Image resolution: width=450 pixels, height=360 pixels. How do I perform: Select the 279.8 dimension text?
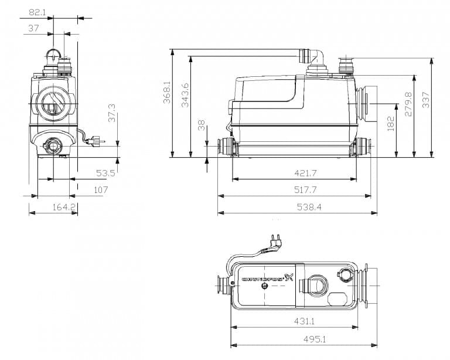pos(408,103)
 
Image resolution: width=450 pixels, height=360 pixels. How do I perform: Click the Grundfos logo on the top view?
pos(267,279)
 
